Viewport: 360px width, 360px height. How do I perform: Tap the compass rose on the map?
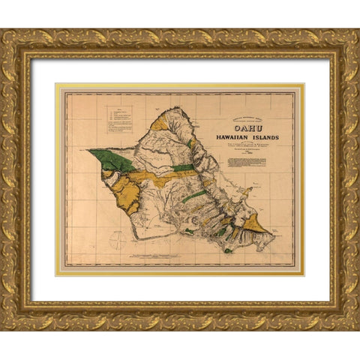118,241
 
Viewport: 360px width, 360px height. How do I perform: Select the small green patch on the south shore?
227,250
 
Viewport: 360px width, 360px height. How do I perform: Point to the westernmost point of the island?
89,151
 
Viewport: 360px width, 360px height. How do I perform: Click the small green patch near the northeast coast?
192,142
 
